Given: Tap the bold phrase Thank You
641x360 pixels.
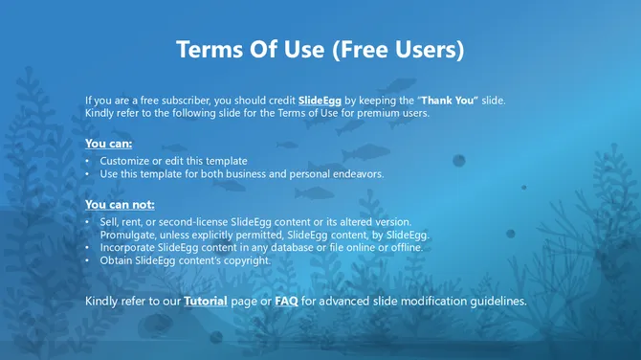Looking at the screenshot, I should pos(445,100).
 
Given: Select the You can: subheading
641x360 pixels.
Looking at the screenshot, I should pos(108,144).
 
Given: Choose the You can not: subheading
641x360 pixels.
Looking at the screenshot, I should pos(120,204).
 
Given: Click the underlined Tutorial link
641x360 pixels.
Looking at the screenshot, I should pos(206,301).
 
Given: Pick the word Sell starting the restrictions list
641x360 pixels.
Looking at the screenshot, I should pos(109,222).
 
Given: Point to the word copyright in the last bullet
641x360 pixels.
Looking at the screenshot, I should pos(248,259).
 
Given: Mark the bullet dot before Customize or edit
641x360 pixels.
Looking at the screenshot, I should pos(88,161).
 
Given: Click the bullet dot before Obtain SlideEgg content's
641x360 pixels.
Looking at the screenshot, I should pos(88,259).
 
